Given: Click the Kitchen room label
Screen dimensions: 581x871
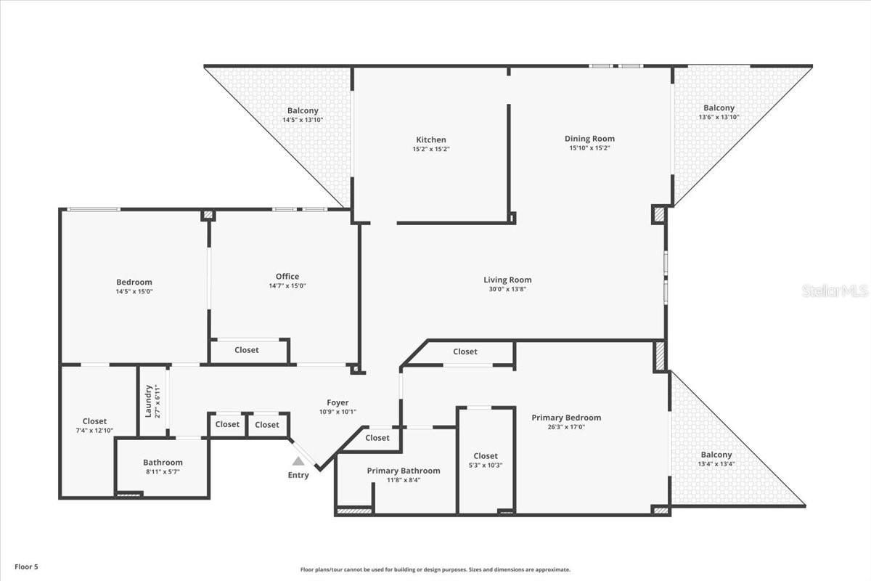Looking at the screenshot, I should point(430,139).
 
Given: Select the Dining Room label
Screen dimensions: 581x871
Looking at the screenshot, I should point(589,139).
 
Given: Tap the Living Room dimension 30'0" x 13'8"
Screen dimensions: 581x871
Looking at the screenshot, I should point(507,289).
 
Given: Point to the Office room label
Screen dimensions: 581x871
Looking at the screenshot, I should point(287,276).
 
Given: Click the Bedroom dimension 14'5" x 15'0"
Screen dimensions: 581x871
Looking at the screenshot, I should point(134,291).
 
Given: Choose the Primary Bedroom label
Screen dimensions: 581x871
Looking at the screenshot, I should point(566,418).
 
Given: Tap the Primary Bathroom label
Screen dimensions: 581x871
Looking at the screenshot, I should point(403,471).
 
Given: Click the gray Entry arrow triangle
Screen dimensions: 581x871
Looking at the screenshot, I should point(298,461).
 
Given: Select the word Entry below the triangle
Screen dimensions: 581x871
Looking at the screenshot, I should point(298,475).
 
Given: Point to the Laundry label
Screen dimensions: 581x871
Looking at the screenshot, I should point(148,401).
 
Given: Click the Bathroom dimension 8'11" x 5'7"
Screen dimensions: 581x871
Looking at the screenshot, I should point(163,471).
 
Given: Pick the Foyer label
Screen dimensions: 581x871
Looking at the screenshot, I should point(338,402).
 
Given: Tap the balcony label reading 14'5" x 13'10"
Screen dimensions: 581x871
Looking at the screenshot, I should point(303,120).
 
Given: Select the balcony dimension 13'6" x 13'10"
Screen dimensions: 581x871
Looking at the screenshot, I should point(719,117).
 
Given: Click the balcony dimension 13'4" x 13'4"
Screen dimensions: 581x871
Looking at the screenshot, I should point(716,464).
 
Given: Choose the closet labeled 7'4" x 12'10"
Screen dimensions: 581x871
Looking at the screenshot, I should point(94,430).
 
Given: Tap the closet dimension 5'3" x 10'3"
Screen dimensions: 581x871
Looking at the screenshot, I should point(486,466).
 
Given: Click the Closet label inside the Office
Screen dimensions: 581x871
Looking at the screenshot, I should point(246,350).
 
